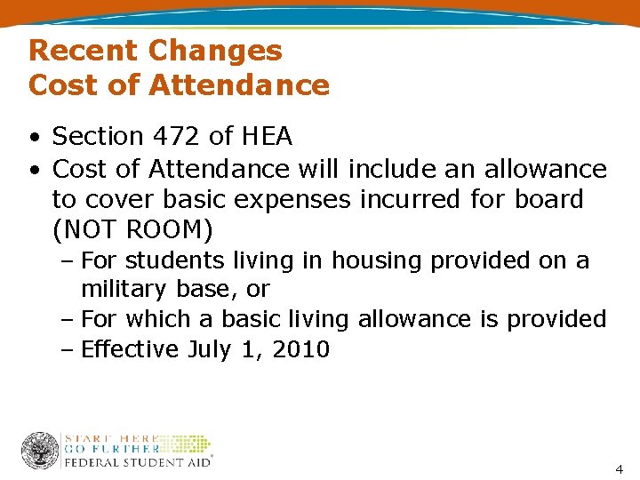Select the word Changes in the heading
point(215,51)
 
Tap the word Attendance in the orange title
point(239,85)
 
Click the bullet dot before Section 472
point(33,138)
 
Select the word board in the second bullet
point(548,199)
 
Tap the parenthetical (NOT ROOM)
point(132,230)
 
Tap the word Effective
point(130,349)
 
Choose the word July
point(210,350)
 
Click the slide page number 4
point(619,468)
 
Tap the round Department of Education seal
point(40,451)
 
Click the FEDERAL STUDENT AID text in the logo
point(138,462)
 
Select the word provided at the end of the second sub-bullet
point(556,319)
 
